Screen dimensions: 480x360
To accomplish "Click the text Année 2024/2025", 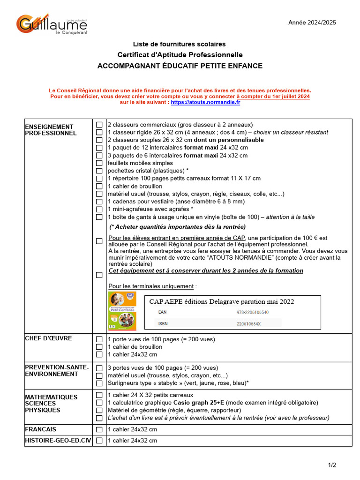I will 312,22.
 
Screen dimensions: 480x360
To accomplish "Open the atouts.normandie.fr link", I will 205,102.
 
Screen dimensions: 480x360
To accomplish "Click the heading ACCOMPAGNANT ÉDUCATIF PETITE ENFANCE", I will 180,66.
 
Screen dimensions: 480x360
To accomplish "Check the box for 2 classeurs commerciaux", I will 99,125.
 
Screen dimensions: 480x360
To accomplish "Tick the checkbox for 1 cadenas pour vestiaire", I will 99,202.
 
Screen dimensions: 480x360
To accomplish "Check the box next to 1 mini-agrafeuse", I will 99,210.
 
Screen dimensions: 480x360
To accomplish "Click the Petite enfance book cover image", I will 122,310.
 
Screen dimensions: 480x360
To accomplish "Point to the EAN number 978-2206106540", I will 253,312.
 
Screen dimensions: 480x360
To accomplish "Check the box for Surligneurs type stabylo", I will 99,383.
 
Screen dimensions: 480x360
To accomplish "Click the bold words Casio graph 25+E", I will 199,403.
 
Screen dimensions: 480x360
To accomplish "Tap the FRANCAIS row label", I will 40,429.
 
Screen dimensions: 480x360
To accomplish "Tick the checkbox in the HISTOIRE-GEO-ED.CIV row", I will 99,441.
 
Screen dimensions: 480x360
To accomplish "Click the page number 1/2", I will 332,465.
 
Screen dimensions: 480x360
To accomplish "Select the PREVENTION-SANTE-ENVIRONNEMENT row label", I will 56,371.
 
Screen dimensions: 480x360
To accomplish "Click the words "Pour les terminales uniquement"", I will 151,286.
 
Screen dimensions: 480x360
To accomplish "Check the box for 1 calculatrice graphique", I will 99,403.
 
